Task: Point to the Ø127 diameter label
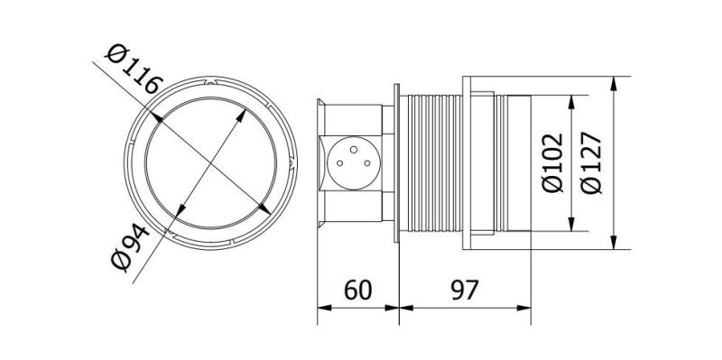click(592, 162)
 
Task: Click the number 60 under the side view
click(358, 291)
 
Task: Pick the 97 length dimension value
click(464, 291)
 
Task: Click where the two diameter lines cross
click(209, 162)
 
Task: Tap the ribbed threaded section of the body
click(431, 162)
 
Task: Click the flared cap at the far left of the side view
click(317, 162)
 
